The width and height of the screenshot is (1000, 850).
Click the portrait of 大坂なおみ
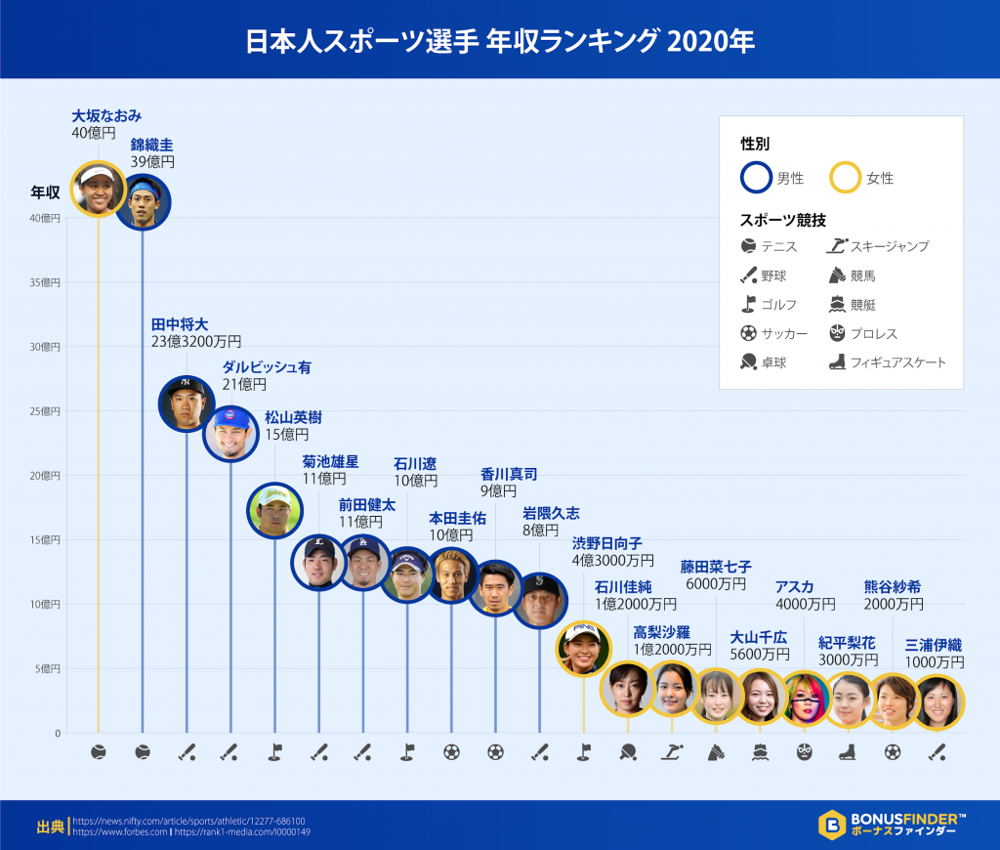pos(99,189)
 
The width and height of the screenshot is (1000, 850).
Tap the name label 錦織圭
pos(152,145)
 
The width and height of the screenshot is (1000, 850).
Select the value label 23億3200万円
pos(195,342)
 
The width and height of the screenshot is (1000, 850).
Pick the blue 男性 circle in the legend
pos(757,177)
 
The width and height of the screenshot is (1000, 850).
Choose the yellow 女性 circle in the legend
pos(847,177)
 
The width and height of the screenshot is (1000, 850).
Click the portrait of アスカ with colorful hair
pos(806,698)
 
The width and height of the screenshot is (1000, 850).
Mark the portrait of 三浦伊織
pos(937,702)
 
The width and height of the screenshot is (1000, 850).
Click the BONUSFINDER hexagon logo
pos(831,825)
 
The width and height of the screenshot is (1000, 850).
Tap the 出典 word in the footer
pos(50,827)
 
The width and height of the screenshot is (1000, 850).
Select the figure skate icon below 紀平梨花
pos(849,752)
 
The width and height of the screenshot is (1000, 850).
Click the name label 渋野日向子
pos(606,543)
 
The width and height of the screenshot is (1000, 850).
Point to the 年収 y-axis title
pos(45,191)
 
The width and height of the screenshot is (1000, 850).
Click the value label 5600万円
pos(760,654)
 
